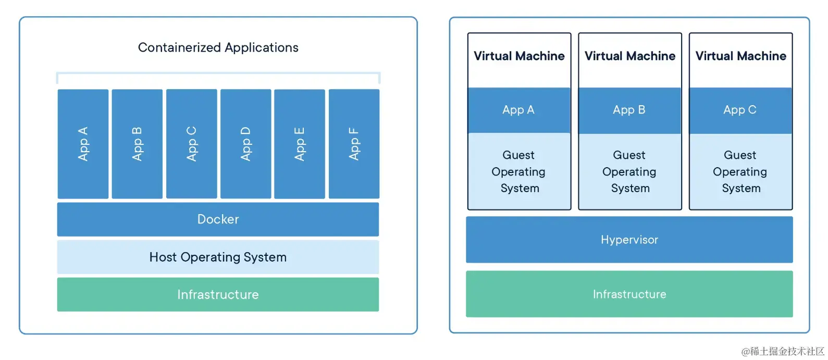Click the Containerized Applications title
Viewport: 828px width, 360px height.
[x=218, y=48]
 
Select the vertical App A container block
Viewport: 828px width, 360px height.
[x=83, y=144]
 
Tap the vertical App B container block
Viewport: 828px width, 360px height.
[x=137, y=144]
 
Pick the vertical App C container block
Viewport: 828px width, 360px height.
[x=191, y=144]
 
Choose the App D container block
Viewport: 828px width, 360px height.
[x=246, y=144]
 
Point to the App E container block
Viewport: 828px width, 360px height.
[x=300, y=144]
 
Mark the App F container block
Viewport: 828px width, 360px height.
[x=354, y=144]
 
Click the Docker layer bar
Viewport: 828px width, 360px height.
[x=218, y=219]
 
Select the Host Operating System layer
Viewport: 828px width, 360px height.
[x=218, y=257]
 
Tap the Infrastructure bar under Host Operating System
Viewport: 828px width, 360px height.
[x=218, y=294]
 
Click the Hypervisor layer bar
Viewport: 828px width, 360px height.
[x=629, y=240]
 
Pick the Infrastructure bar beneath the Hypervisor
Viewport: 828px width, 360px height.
[x=629, y=294]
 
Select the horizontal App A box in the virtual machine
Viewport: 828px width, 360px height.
[x=519, y=110]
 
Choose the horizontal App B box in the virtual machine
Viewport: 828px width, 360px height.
[x=630, y=110]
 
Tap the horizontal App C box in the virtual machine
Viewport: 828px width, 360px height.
[x=740, y=110]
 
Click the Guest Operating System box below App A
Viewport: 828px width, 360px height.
[x=519, y=171]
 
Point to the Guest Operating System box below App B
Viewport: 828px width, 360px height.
[x=630, y=171]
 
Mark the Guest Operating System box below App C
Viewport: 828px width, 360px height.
[x=740, y=171]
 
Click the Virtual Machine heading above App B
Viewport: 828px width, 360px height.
[x=630, y=56]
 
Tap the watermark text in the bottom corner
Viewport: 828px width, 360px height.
[x=783, y=351]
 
